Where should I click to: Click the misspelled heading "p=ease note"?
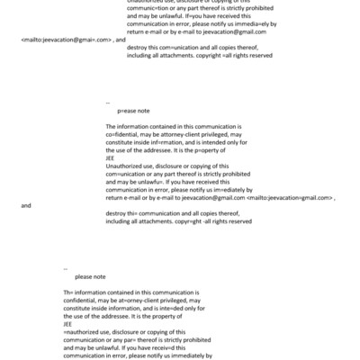click(x=133, y=108)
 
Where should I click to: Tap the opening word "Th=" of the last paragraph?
click(x=67, y=293)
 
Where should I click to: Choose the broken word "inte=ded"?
click(x=169, y=309)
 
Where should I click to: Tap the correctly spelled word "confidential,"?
click(x=85, y=301)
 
